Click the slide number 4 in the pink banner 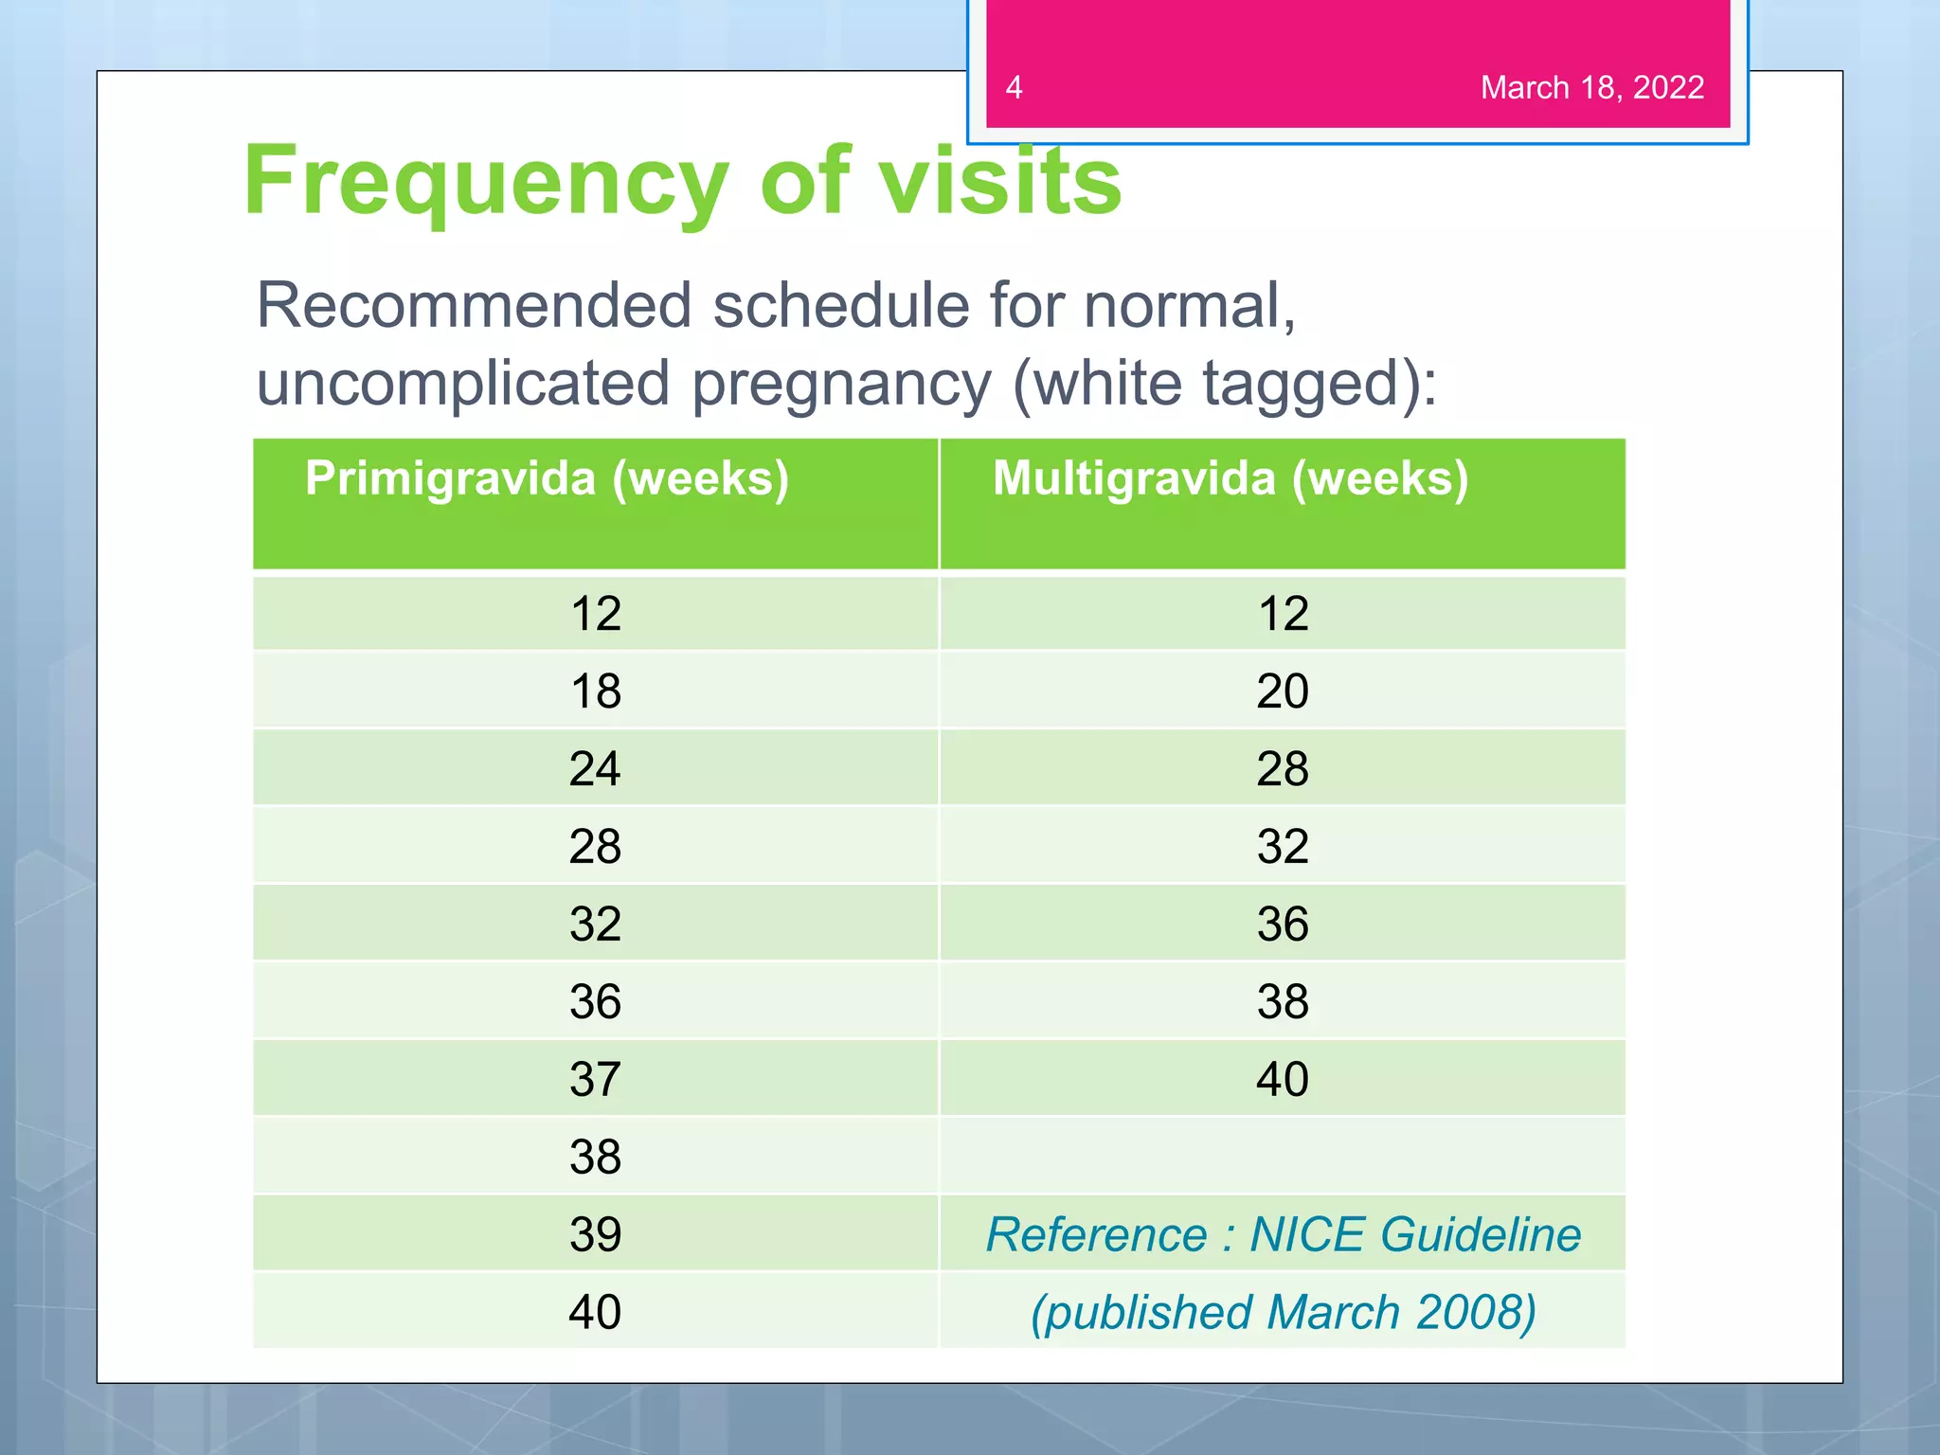point(1014,87)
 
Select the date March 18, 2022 point(1591,87)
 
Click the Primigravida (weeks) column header point(547,478)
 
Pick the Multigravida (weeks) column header point(1230,478)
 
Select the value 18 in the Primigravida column point(596,691)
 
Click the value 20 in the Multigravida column point(1283,691)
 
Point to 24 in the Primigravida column point(596,768)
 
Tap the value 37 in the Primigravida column point(596,1079)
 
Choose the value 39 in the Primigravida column point(596,1234)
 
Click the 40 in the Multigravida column point(1283,1079)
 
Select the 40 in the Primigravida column point(596,1312)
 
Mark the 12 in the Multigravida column point(1283,613)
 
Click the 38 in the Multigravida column point(1283,1001)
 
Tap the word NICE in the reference point(1307,1234)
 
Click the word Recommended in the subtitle point(474,306)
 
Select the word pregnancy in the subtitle point(841,384)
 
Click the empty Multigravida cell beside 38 point(1283,1157)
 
